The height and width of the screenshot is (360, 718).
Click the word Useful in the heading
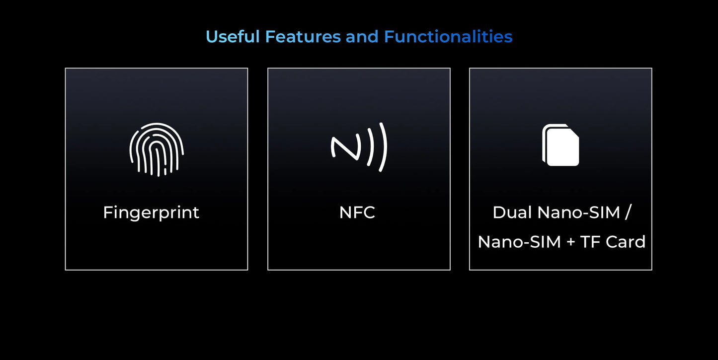click(233, 37)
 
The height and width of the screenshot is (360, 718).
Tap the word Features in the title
click(303, 37)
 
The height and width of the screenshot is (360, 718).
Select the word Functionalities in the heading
click(448, 37)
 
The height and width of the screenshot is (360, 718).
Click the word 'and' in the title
click(362, 37)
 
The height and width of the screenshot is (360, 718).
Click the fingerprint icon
click(157, 149)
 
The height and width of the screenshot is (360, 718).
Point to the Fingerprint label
click(151, 213)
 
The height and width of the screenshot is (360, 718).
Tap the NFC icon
click(359, 147)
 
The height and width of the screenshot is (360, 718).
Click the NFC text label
click(357, 213)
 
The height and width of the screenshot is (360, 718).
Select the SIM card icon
click(560, 145)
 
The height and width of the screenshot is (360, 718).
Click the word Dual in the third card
click(512, 213)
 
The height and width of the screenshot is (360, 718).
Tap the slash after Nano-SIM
click(628, 212)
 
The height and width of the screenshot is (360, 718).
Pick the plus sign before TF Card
click(570, 242)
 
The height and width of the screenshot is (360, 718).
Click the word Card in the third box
click(626, 242)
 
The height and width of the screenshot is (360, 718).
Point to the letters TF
click(590, 242)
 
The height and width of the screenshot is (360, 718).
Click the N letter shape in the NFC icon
click(346, 148)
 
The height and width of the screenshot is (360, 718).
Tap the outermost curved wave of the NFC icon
click(384, 147)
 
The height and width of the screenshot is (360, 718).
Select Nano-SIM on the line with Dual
click(579, 213)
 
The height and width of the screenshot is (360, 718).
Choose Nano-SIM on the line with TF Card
click(519, 242)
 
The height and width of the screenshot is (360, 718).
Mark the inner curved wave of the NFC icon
click(371, 147)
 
